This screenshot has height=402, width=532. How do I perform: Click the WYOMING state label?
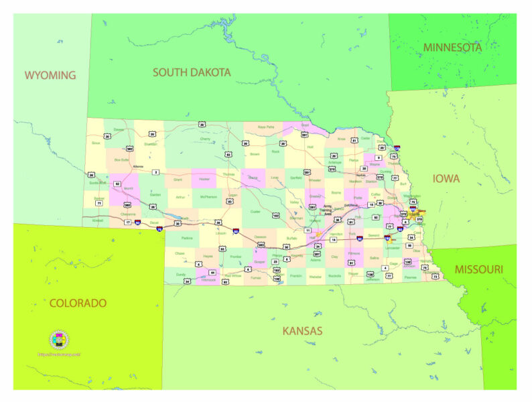pyautogui.click(x=50, y=74)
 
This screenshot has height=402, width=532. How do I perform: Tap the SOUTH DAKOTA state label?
pyautogui.click(x=192, y=72)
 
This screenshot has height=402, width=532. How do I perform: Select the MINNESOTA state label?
pyautogui.click(x=452, y=48)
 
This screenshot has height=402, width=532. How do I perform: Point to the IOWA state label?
pyautogui.click(x=446, y=179)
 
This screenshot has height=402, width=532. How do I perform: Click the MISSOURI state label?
pyautogui.click(x=479, y=269)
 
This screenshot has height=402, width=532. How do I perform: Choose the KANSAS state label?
pyautogui.click(x=302, y=330)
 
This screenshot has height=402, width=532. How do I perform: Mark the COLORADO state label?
pyautogui.click(x=78, y=303)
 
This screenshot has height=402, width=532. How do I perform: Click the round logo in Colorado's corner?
pyautogui.click(x=59, y=340)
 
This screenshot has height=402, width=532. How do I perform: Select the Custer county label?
pyautogui.click(x=255, y=211)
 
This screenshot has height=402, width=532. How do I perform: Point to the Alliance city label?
pyautogui.click(x=138, y=166)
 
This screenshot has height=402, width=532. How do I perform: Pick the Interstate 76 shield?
pyautogui.click(x=159, y=229)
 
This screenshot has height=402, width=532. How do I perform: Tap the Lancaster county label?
pyautogui.click(x=393, y=247)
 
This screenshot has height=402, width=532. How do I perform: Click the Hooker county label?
pyautogui.click(x=206, y=180)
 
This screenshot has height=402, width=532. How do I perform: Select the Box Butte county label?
pyautogui.click(x=121, y=159)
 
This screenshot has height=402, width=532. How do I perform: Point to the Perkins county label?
pyautogui.click(x=187, y=238)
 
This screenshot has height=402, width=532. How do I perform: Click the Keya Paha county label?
pyautogui.click(x=266, y=127)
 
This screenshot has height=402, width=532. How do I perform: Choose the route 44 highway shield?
pyautogui.click(x=212, y=273)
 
